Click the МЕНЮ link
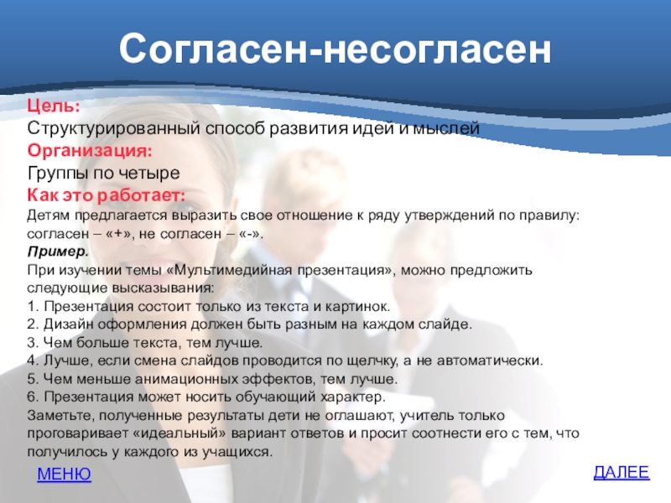(x=65, y=474)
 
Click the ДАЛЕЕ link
(x=622, y=472)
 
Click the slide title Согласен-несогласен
(x=335, y=49)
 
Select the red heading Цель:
(x=54, y=106)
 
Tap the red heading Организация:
(x=90, y=151)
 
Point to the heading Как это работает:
(x=107, y=195)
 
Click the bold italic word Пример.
(x=58, y=252)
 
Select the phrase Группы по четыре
(x=103, y=173)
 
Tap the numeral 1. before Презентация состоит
(x=33, y=307)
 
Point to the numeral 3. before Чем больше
(x=33, y=343)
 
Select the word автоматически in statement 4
(x=490, y=360)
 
